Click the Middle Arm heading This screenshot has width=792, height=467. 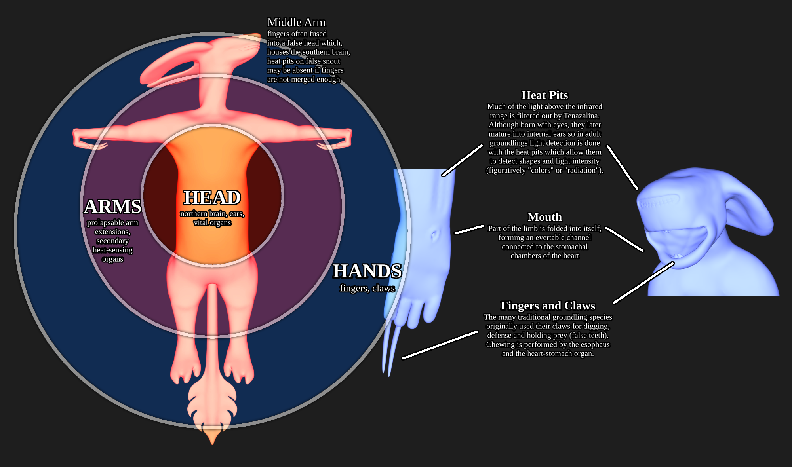click(x=296, y=23)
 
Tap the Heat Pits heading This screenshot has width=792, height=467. click(x=544, y=95)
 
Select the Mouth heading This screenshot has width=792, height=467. click(x=544, y=217)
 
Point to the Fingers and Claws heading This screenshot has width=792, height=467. click(x=548, y=306)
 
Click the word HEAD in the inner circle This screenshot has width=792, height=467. click(x=212, y=197)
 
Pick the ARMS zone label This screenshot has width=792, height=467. click(x=113, y=207)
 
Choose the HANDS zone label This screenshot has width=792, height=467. click(x=367, y=271)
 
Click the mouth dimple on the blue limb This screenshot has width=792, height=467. click(x=435, y=235)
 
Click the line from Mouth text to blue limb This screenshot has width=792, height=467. click(x=469, y=230)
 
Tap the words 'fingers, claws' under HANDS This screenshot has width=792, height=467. click(x=367, y=289)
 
